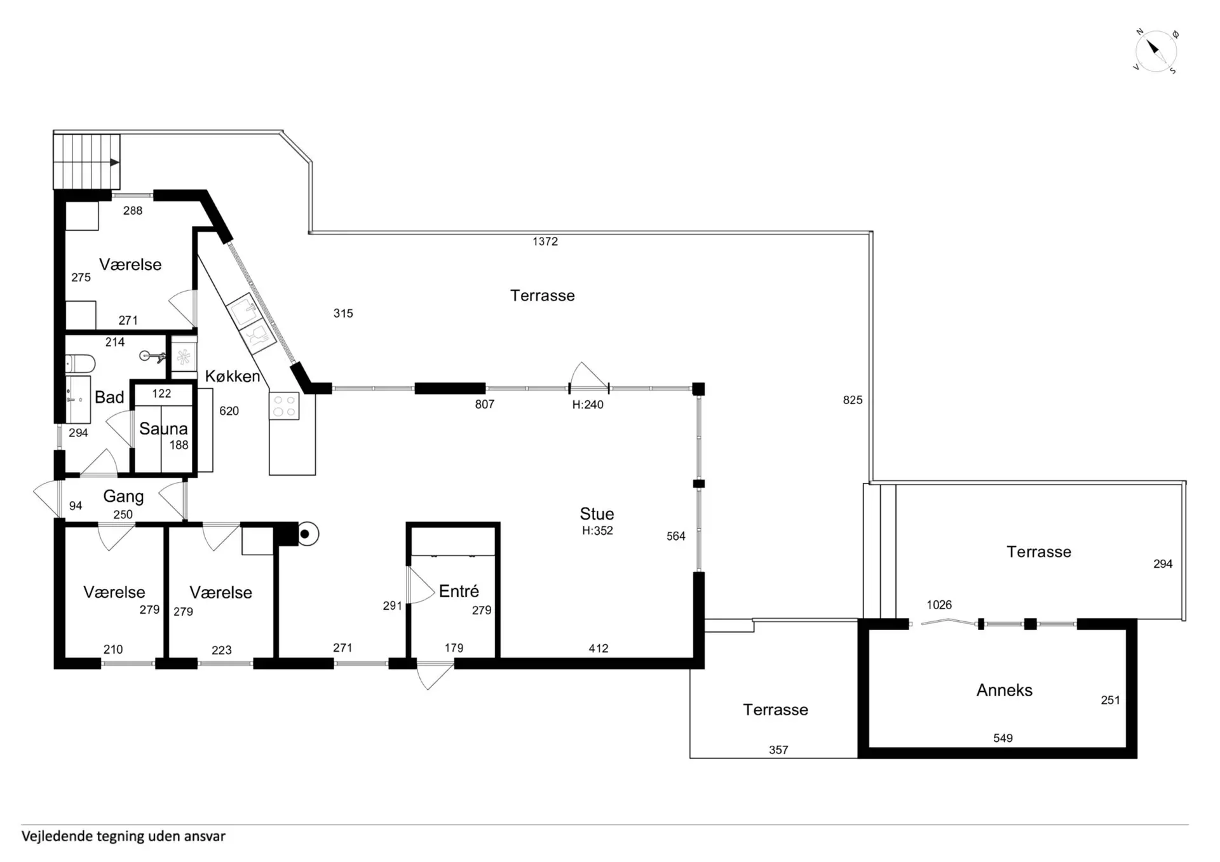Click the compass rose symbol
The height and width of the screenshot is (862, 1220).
point(1156,51)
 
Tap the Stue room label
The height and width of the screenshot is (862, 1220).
point(597,514)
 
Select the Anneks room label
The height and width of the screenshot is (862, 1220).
point(1004,690)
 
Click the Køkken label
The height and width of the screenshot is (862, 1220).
point(233,376)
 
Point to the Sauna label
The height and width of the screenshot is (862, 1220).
point(163,429)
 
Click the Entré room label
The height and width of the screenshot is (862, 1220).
point(459,591)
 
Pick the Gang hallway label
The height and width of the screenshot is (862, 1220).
point(123,497)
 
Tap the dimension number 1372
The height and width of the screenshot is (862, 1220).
point(545,241)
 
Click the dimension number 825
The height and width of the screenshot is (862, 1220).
point(853,400)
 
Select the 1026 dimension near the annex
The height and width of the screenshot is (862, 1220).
point(939,605)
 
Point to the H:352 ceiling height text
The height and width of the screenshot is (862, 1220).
point(597,530)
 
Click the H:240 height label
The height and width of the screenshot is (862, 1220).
point(588,405)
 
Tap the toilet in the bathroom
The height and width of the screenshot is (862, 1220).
point(81,364)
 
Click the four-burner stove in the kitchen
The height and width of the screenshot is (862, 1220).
point(284,407)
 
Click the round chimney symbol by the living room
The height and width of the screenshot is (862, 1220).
point(306,534)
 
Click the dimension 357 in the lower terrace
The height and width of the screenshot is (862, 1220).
point(778,750)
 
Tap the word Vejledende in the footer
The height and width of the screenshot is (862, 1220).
point(57,836)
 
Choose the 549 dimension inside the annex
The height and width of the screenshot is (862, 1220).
point(1003,738)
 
